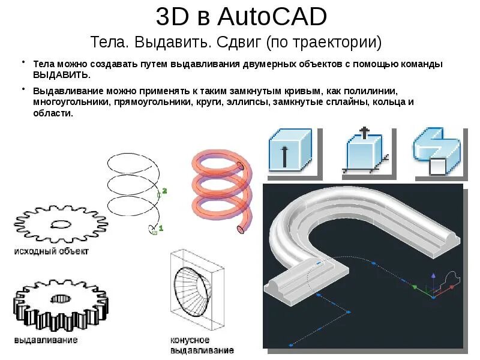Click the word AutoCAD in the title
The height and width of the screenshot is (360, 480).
pyautogui.click(x=272, y=17)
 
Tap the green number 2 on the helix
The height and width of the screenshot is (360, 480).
pyautogui.click(x=164, y=191)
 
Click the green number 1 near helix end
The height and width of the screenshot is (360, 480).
pyautogui.click(x=161, y=227)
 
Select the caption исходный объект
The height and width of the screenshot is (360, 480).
pyautogui.click(x=52, y=251)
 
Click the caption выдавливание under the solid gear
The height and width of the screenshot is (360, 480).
pyautogui.click(x=46, y=340)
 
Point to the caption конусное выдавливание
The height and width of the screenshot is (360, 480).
pyautogui.click(x=202, y=346)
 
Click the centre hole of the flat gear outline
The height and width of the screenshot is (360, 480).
pyautogui.click(x=61, y=225)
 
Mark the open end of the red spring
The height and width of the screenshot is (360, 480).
pyautogui.click(x=241, y=228)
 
